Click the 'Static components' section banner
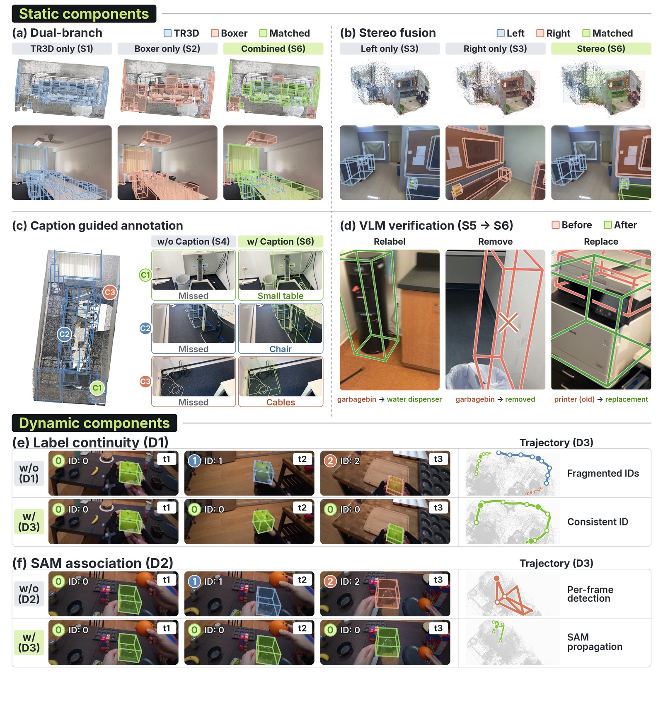(x=84, y=14)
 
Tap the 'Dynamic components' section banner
(x=94, y=423)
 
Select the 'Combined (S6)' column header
(x=273, y=49)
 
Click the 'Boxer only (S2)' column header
(x=167, y=49)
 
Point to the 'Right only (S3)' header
(x=495, y=49)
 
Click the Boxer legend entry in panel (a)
(x=229, y=33)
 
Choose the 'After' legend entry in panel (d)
(x=620, y=225)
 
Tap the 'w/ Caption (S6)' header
(x=281, y=241)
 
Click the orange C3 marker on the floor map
(x=110, y=292)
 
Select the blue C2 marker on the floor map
(x=64, y=334)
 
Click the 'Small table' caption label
(x=281, y=296)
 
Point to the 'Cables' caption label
(x=281, y=402)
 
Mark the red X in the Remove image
(x=508, y=322)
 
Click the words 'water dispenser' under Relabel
(x=414, y=399)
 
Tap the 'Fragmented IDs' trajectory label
(x=603, y=473)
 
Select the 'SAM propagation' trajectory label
(x=595, y=642)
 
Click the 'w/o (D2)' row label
(x=29, y=594)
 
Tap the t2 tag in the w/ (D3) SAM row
(x=302, y=628)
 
